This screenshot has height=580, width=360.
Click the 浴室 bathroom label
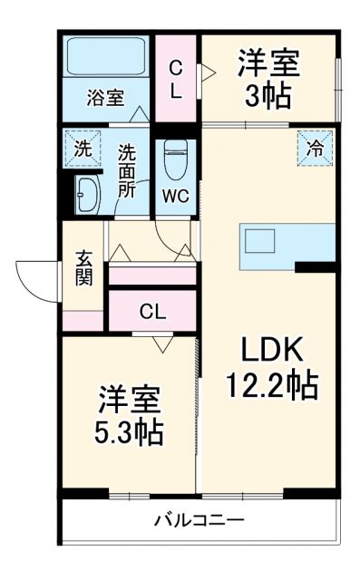[x=105, y=97]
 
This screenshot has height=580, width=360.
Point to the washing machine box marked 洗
[x=82, y=150]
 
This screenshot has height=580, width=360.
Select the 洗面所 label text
[x=129, y=172]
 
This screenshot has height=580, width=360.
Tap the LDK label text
[x=269, y=349]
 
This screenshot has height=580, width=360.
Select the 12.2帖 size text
[x=271, y=385]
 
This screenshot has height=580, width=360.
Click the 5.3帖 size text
[x=130, y=430]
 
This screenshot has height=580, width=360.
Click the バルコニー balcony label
[x=199, y=521]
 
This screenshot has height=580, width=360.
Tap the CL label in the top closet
[x=176, y=79]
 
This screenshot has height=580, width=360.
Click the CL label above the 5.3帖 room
[x=152, y=312]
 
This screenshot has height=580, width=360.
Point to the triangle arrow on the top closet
[x=207, y=70]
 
